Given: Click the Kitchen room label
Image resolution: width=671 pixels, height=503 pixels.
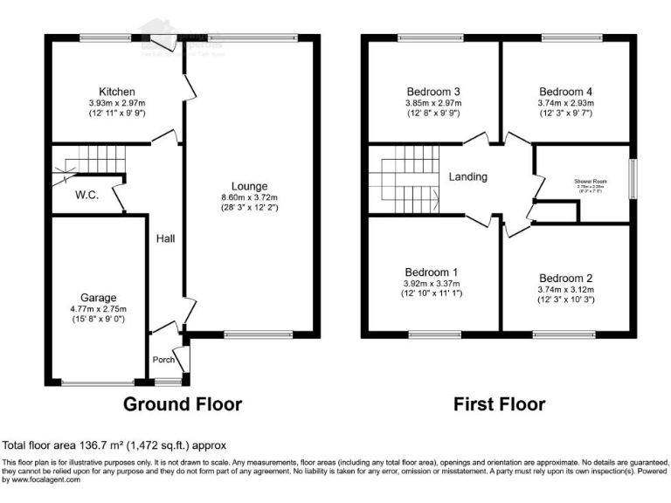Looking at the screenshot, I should pos(116,92).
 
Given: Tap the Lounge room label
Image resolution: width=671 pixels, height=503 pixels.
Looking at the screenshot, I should pos(249,185).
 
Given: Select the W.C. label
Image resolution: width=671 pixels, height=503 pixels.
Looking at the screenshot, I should pos(86,195).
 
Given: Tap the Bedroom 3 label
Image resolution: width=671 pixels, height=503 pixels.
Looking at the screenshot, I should pos(433,92).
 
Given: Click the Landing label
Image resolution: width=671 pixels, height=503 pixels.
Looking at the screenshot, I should pos(467,177).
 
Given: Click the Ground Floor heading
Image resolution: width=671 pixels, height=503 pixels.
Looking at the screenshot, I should pos(182,404).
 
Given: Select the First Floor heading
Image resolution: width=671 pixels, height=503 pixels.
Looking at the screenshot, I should pos(499,404).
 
